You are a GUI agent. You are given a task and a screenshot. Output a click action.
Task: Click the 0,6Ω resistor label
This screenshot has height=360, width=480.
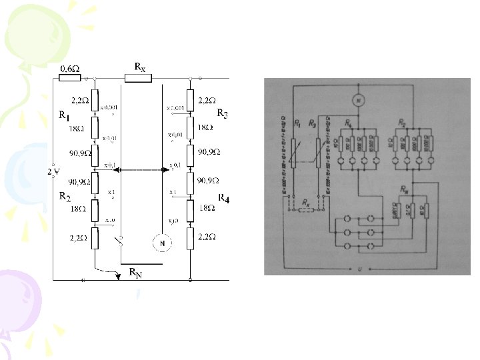70,68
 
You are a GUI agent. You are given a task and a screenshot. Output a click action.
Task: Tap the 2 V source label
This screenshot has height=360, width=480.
53,171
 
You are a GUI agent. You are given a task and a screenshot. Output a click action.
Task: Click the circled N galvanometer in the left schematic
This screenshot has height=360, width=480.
161,244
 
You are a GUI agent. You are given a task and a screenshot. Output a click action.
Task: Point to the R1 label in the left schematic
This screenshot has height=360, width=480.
63,116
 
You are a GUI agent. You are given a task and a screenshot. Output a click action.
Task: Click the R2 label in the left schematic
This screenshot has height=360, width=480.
64,196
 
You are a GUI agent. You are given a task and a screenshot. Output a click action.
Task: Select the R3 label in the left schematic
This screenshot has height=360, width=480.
222,115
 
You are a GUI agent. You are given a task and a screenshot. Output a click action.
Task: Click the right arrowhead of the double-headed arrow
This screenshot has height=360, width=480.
164,171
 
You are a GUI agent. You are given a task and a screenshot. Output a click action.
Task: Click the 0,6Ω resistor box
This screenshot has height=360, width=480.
69,77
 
